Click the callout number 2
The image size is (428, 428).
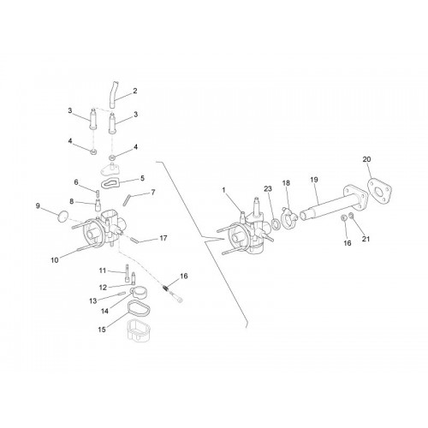135,91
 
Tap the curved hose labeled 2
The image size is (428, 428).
114,95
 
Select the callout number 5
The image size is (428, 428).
142,178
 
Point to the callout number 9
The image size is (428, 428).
38,205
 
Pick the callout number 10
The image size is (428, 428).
55,260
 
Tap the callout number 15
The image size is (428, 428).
102,330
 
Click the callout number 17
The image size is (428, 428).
163,238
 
